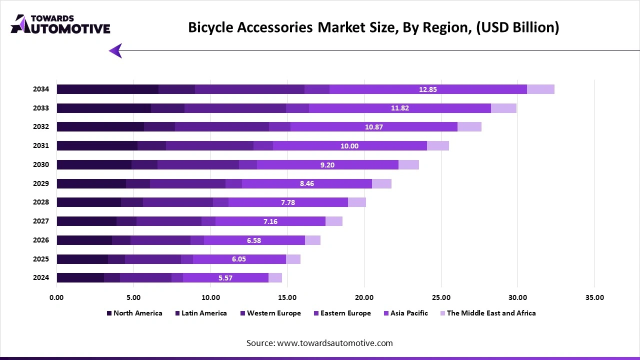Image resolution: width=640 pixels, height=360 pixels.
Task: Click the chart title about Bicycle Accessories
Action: pyautogui.click(x=373, y=27)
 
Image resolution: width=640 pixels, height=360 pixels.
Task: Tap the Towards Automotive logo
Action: pyautogui.click(x=60, y=24)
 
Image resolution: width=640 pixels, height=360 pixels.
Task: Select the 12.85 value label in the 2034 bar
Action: pyautogui.click(x=427, y=89)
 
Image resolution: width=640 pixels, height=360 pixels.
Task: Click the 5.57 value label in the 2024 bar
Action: pyautogui.click(x=225, y=278)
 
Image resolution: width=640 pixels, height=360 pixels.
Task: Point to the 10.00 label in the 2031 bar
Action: pyautogui.click(x=349, y=146)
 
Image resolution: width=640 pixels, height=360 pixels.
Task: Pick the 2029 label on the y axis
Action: pyautogui.click(x=41, y=183)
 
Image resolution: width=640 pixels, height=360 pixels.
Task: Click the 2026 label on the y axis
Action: pyautogui.click(x=41, y=240)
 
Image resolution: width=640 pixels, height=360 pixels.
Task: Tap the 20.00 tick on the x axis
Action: pyautogui.click(x=364, y=297)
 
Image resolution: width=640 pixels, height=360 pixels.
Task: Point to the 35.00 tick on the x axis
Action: pyautogui.click(x=594, y=297)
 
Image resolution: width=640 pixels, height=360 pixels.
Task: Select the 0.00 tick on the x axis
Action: pyautogui.click(x=56, y=297)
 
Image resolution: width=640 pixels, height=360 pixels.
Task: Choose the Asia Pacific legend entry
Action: pyautogui.click(x=405, y=313)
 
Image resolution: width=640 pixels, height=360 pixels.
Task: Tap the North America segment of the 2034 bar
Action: pyautogui.click(x=107, y=89)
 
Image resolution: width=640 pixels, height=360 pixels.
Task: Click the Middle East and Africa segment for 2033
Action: pyautogui.click(x=503, y=108)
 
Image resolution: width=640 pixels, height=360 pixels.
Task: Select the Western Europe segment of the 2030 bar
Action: pyautogui.click(x=198, y=165)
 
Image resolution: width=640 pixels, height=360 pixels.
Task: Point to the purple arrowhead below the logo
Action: pyautogui.click(x=115, y=50)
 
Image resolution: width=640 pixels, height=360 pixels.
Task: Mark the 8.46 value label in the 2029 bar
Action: pyautogui.click(x=307, y=183)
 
